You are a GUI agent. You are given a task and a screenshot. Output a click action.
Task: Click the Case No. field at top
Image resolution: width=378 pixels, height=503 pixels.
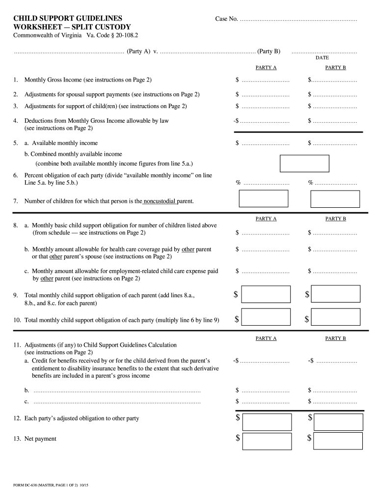[x=299, y=19]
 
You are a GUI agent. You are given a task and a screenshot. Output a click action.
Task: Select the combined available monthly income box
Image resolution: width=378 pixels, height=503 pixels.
[x=304, y=163]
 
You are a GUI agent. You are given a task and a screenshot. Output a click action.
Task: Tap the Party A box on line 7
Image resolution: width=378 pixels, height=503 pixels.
[x=263, y=198]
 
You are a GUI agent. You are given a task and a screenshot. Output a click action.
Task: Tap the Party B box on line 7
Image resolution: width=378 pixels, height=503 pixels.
[x=336, y=198]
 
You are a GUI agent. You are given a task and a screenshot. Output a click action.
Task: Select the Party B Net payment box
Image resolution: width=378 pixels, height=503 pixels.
[x=338, y=441]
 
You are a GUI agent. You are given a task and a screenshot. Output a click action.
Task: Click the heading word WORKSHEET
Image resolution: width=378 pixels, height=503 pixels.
[x=37, y=28]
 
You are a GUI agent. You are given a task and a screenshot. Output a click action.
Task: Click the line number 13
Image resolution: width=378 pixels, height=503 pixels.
[x=17, y=439]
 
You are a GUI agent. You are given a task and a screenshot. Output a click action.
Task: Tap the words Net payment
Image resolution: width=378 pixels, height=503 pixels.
[x=40, y=439]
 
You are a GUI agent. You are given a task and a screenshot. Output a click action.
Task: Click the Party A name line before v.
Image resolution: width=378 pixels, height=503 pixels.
[x=69, y=51]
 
